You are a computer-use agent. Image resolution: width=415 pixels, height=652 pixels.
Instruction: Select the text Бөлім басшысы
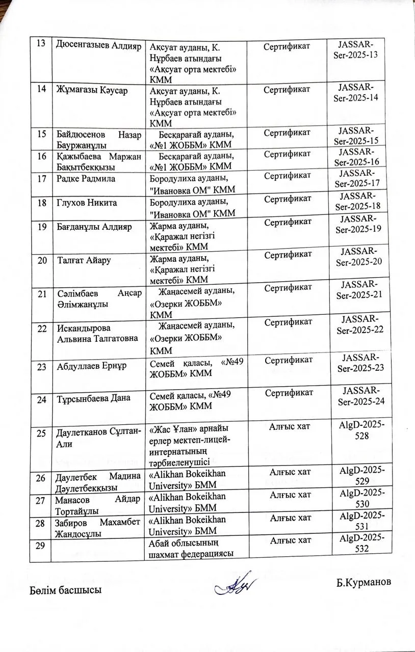65,590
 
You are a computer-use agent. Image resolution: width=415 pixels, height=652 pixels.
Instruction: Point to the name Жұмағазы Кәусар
91,90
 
